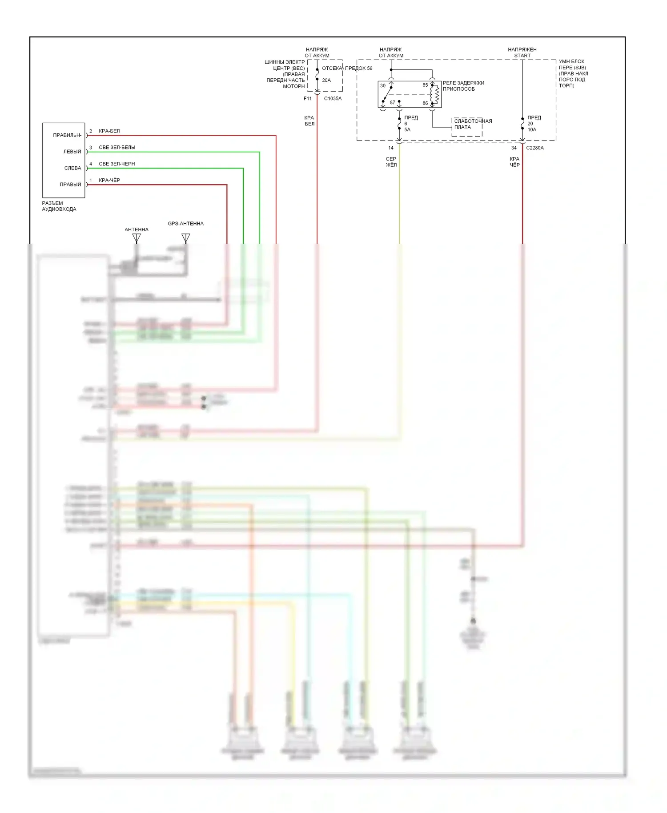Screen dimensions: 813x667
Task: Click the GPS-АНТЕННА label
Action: [185, 224]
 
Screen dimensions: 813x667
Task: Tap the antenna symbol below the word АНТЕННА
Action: [137, 238]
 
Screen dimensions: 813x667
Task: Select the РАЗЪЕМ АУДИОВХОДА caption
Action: [59, 206]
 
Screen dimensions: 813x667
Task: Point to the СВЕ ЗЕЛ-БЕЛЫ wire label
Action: [117, 147]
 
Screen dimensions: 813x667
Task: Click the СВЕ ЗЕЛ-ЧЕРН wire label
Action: [117, 164]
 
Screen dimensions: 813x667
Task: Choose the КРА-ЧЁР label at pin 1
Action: [109, 180]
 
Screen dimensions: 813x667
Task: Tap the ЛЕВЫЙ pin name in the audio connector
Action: [72, 152]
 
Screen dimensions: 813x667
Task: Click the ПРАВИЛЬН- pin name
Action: [67, 135]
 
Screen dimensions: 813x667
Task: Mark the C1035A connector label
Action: [333, 99]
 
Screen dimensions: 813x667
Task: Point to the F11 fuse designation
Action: [308, 99]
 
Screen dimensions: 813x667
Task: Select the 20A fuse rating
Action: [326, 80]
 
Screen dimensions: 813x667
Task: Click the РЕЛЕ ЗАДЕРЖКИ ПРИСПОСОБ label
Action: [463, 86]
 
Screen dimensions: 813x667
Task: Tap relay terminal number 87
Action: [392, 103]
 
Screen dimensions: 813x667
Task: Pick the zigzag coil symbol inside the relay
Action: [437, 94]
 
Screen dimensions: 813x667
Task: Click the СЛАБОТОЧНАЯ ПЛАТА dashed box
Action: [467, 127]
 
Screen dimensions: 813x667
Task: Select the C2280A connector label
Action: [535, 148]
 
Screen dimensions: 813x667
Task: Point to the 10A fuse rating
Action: [532, 130]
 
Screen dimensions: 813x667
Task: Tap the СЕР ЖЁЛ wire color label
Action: [391, 162]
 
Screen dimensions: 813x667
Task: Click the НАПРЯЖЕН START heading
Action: [522, 52]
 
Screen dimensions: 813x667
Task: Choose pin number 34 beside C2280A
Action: [514, 148]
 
